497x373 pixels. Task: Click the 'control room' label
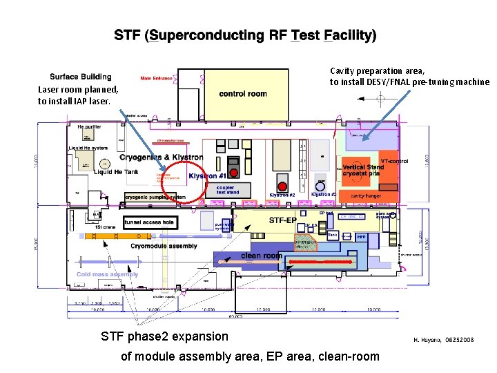click(243, 94)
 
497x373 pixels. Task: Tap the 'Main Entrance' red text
click(157, 78)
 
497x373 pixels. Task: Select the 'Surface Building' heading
click(80, 77)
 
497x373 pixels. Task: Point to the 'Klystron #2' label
click(282, 195)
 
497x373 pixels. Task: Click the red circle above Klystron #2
click(282, 185)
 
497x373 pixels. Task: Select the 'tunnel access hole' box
click(148, 222)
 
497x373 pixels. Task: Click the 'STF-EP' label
click(284, 221)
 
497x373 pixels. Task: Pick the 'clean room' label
click(262, 256)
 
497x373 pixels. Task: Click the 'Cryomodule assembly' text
click(164, 246)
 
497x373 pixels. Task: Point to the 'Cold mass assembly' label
click(107, 274)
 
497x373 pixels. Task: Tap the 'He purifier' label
click(89, 127)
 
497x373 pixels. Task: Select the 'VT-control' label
click(394, 161)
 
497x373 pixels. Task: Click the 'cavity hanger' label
click(367, 195)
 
